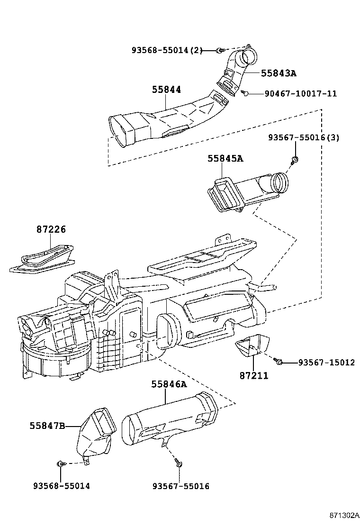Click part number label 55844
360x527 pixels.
tap(167, 90)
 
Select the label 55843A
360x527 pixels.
tap(279, 73)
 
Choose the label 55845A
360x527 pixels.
tap(225, 158)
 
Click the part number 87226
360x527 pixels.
tap(51, 229)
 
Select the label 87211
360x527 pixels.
tap(253, 375)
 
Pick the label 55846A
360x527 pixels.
tap(170, 384)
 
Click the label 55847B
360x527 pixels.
tap(47, 426)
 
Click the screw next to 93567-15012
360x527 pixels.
tap(279, 362)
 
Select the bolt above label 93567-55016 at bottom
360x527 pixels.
tap(178, 462)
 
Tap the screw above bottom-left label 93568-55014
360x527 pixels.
tap(60, 463)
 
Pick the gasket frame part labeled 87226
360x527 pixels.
tap(43, 258)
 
